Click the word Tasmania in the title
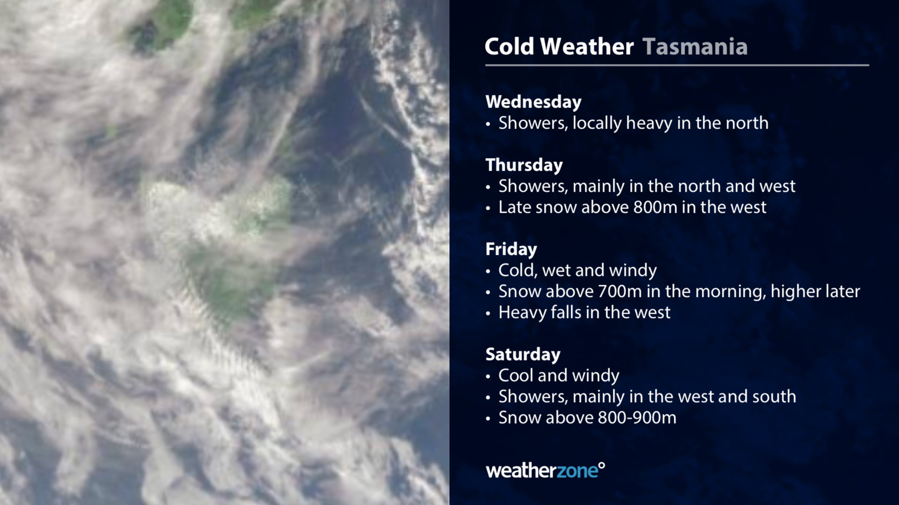(x=695, y=46)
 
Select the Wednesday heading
(x=533, y=102)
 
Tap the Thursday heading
(x=524, y=165)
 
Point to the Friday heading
(x=511, y=249)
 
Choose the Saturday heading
(x=523, y=354)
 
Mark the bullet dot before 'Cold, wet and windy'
(x=488, y=271)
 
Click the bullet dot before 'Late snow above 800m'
(x=488, y=208)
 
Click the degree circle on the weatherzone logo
(x=602, y=466)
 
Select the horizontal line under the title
(x=677, y=65)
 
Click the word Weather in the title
(x=587, y=46)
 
